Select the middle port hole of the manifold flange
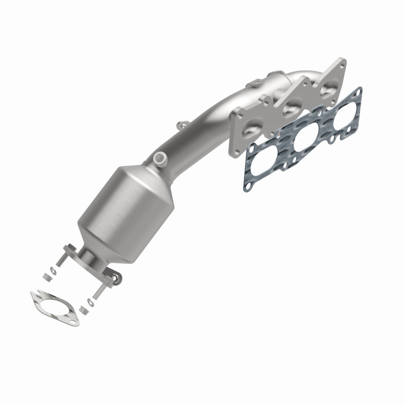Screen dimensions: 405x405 pyautogui.click(x=292, y=107)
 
